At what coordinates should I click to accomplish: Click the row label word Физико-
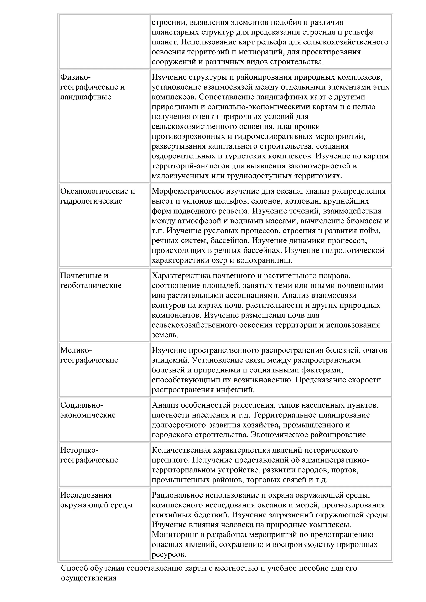pyautogui.click(x=75, y=77)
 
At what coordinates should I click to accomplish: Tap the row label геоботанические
pyautogui.click(x=91, y=286)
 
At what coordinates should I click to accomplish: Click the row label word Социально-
pyautogui.click(x=82, y=405)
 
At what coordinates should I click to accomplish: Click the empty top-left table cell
pyautogui.click(x=104, y=41)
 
